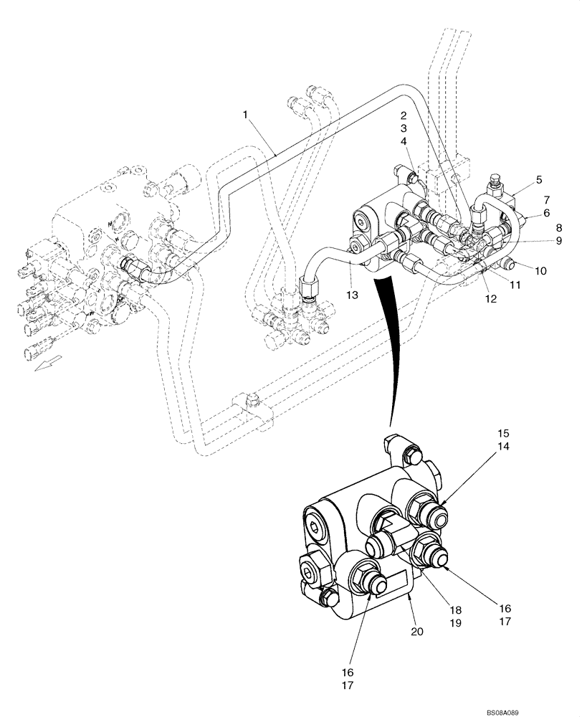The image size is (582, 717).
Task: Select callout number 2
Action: click(404, 115)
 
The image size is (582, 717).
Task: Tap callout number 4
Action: click(404, 141)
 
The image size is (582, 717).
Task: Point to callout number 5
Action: click(538, 181)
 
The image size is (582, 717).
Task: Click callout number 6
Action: click(545, 213)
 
